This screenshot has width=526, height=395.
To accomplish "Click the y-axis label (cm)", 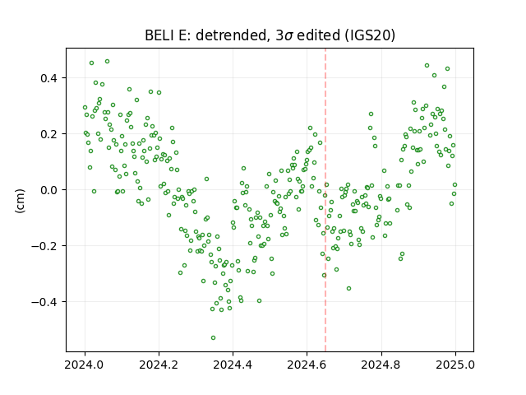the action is (x=20, y=201).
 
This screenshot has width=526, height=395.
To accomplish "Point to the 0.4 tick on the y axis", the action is (x=49, y=78).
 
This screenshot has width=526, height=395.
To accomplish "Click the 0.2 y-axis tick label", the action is (x=49, y=134).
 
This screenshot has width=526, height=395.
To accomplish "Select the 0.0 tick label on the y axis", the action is (x=49, y=190).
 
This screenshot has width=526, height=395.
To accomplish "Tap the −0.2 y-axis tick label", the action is (x=44, y=246).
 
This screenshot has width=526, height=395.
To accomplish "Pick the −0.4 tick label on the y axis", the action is (x=44, y=302).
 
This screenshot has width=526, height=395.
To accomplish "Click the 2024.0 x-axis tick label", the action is (x=85, y=365).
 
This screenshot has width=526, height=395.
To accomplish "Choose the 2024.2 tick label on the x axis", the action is (x=159, y=365).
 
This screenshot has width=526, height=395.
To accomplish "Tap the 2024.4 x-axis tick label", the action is (x=233, y=365).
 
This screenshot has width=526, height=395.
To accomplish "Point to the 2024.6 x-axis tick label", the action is (x=307, y=365).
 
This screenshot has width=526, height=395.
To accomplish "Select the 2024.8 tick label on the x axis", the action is (x=381, y=365).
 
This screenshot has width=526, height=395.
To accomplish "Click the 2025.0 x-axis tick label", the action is (x=455, y=365).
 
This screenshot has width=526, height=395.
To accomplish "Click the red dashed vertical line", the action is (x=325, y=200).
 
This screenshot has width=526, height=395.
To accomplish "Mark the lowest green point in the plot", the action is (x=213, y=337).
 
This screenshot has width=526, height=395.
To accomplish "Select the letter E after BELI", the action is (x=182, y=35).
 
